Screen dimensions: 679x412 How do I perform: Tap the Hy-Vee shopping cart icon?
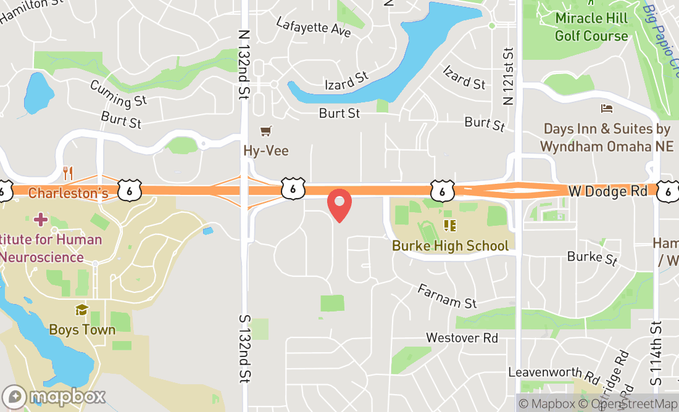click(x=266, y=131)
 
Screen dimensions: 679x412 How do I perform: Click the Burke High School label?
click(x=450, y=245)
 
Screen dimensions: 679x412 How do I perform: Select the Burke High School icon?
click(x=449, y=226)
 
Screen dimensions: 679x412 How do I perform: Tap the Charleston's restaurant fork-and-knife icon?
click(x=68, y=173)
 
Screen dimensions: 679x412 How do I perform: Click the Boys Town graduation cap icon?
click(x=81, y=310)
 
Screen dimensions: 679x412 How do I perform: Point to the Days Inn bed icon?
click(x=607, y=109)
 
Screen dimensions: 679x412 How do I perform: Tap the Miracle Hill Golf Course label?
click(x=591, y=27)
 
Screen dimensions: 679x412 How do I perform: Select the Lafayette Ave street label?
click(x=314, y=27)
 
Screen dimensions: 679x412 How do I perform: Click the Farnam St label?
click(x=448, y=295)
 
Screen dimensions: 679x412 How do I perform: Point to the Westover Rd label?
click(x=462, y=338)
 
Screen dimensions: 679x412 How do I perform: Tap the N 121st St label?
click(x=509, y=75)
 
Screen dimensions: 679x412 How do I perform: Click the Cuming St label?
click(x=118, y=93)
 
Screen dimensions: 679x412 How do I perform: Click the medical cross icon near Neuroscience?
click(x=41, y=219)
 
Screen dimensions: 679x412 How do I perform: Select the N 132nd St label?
click(x=244, y=65)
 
